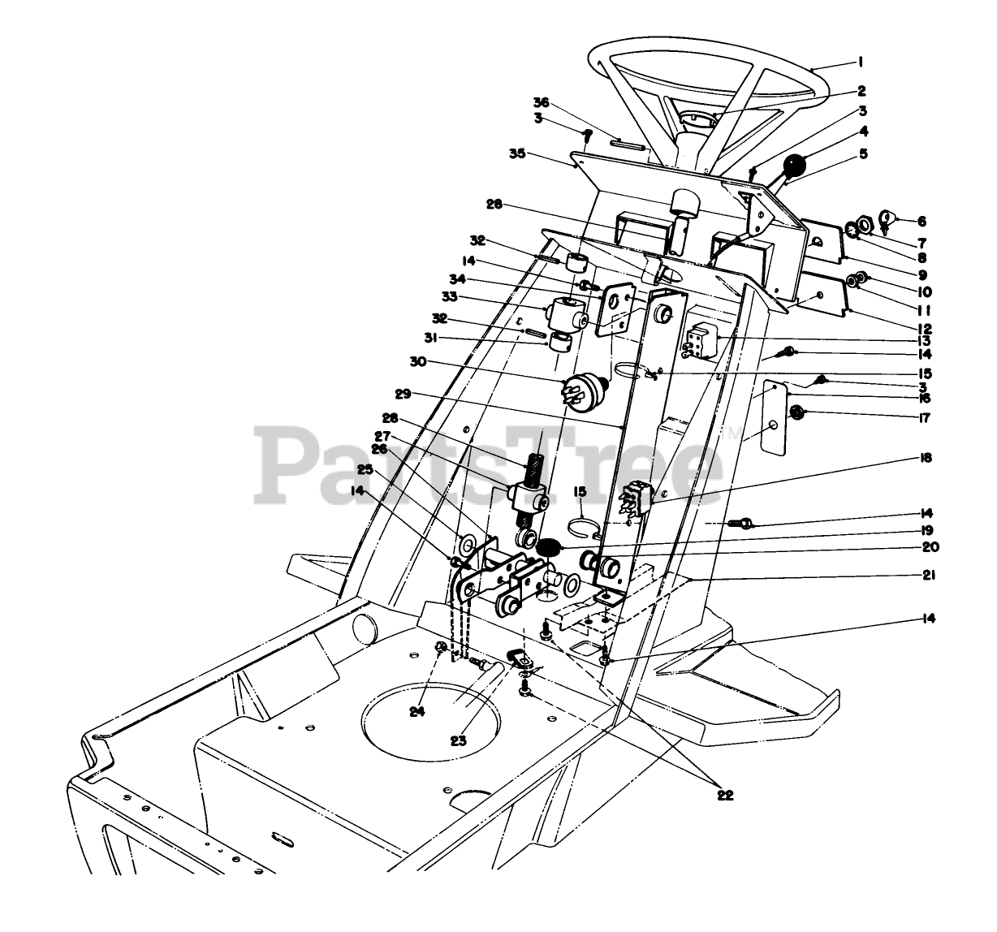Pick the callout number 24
pyautogui.click(x=417, y=712)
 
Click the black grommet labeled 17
pyautogui.click(x=798, y=413)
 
